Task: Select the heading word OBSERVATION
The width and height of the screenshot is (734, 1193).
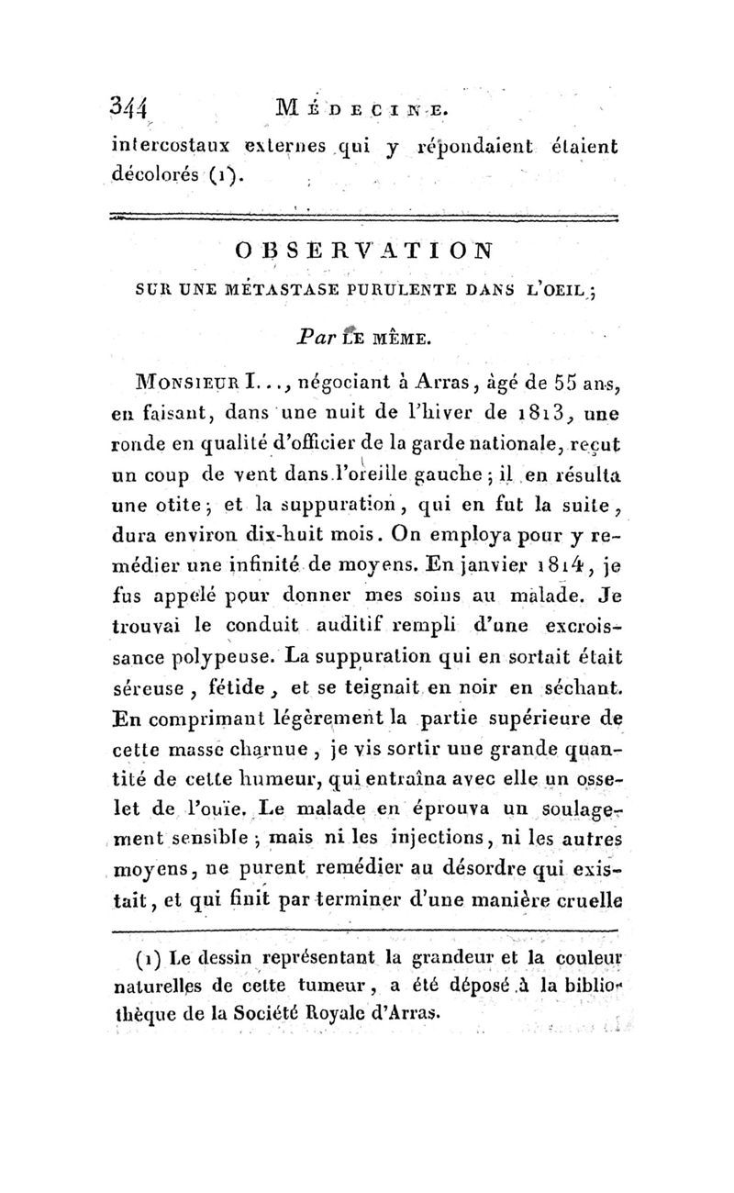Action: (x=365, y=250)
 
